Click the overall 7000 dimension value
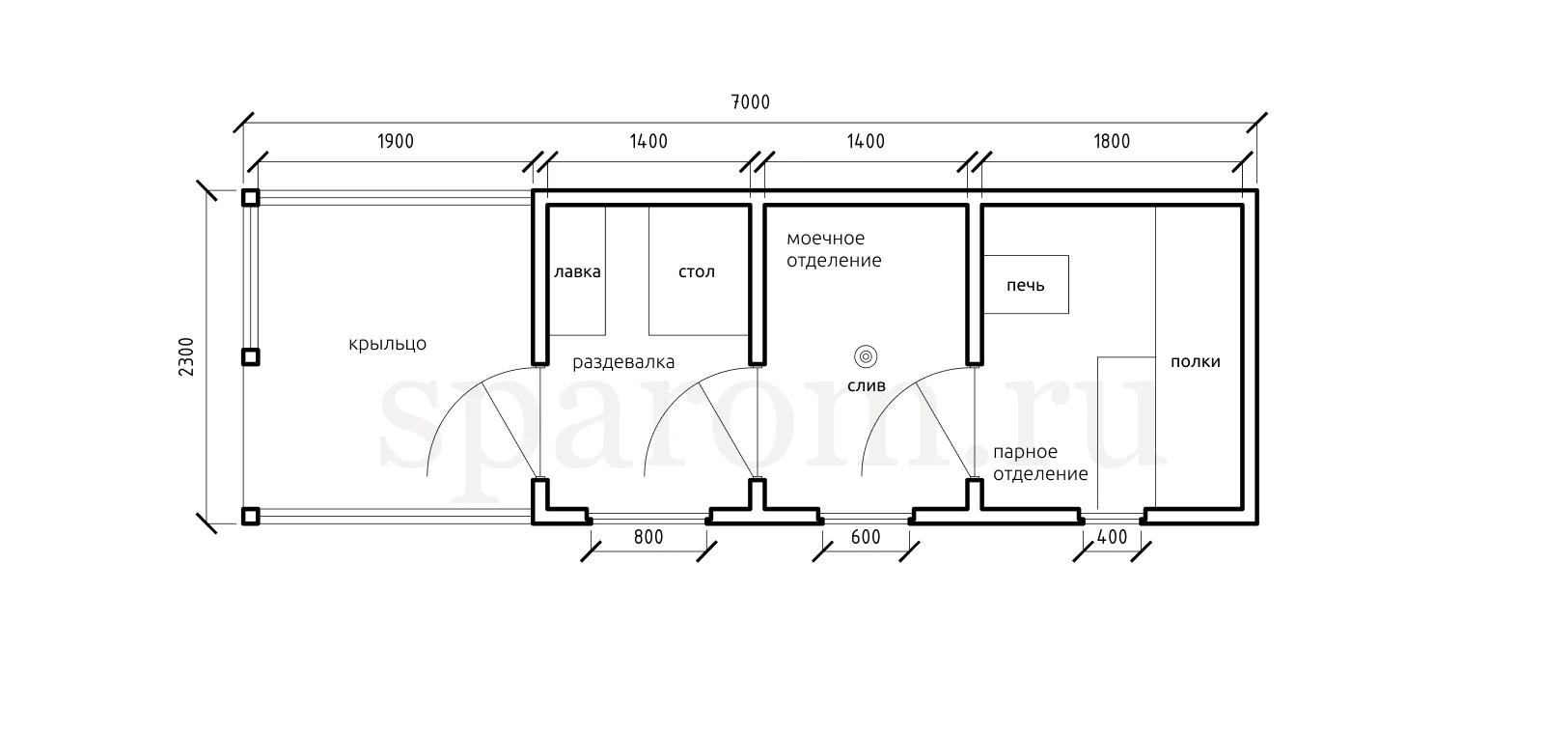[x=750, y=102]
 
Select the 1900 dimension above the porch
[x=395, y=142]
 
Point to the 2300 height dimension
[x=187, y=356]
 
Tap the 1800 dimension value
[x=1112, y=142]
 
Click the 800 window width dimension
[x=648, y=537]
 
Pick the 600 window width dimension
[x=866, y=537]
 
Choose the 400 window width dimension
[x=1113, y=537]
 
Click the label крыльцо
[x=387, y=344]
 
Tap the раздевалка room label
[x=623, y=363]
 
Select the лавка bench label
[x=577, y=271]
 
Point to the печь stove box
[x=1026, y=284]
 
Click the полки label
[x=1195, y=362]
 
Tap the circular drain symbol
[x=866, y=356]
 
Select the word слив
[x=866, y=385]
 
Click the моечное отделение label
[x=834, y=249]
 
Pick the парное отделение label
[x=1040, y=463]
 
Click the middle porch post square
[x=250, y=357]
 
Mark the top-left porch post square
[x=250, y=198]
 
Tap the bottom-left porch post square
[x=250, y=516]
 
